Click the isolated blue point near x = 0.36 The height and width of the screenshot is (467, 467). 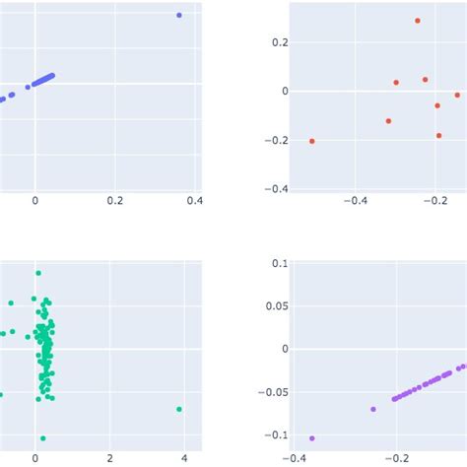click(x=178, y=15)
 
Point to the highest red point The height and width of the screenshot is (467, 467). click(x=418, y=21)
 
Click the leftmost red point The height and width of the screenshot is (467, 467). click(x=312, y=141)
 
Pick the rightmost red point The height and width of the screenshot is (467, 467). click(x=457, y=95)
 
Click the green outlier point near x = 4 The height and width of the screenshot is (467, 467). click(x=178, y=409)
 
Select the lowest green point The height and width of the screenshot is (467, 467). click(x=43, y=437)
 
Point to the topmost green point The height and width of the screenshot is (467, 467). click(x=37, y=273)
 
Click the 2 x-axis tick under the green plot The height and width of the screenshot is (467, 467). click(x=109, y=458)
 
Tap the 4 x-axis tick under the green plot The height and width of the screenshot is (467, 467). click(x=184, y=458)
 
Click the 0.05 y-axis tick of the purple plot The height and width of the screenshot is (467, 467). click(x=279, y=305)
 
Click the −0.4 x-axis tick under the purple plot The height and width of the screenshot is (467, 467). click(x=294, y=458)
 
